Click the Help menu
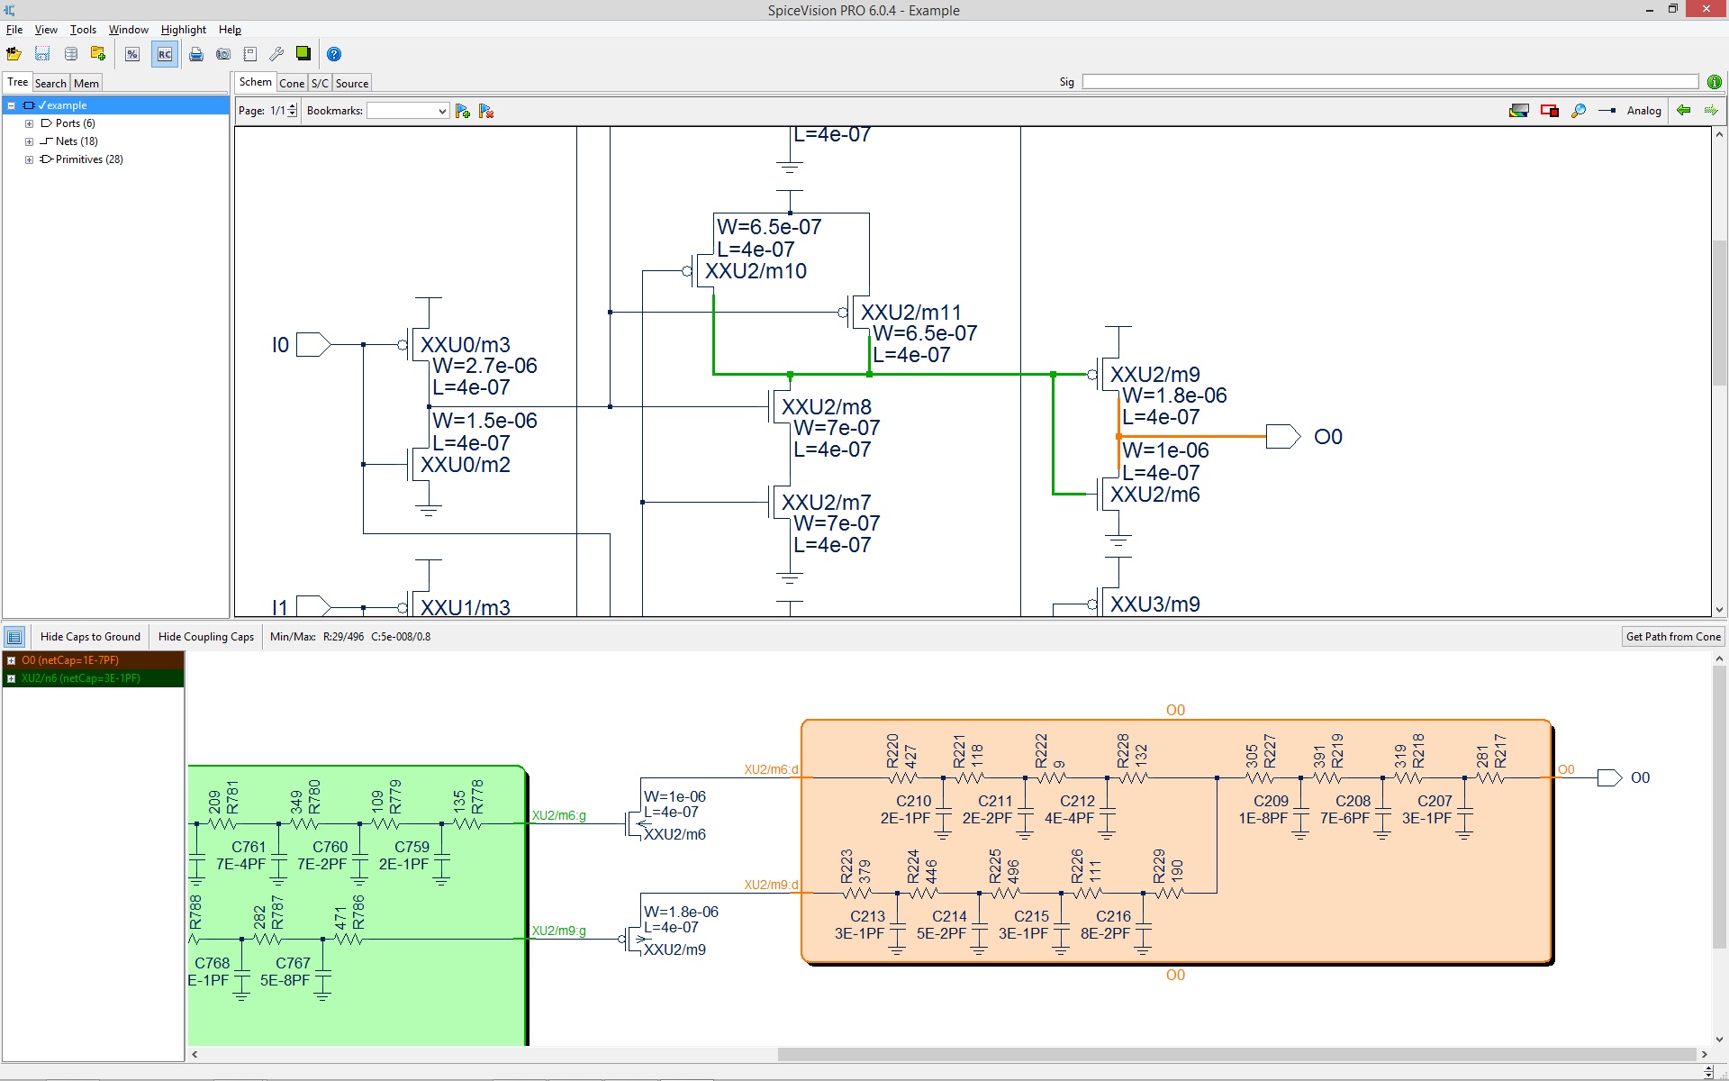click(230, 30)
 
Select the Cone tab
click(292, 83)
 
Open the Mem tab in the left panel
click(86, 83)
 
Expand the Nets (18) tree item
click(29, 141)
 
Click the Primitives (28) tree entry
click(88, 159)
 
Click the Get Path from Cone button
click(1672, 637)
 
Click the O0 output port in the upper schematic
click(1282, 437)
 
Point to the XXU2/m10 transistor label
click(756, 271)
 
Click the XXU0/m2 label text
click(466, 465)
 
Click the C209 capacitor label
click(1271, 801)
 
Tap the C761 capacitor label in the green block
click(249, 847)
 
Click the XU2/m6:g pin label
click(558, 815)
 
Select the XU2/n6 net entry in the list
click(81, 678)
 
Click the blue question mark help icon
click(334, 54)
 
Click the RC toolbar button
click(164, 54)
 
